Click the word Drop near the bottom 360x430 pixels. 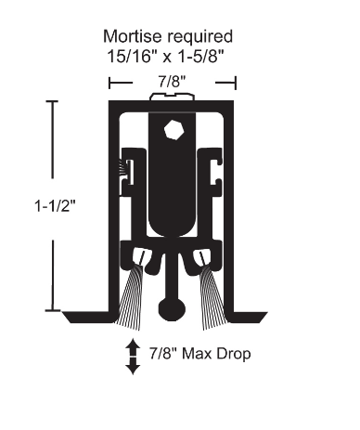click(x=231, y=354)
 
